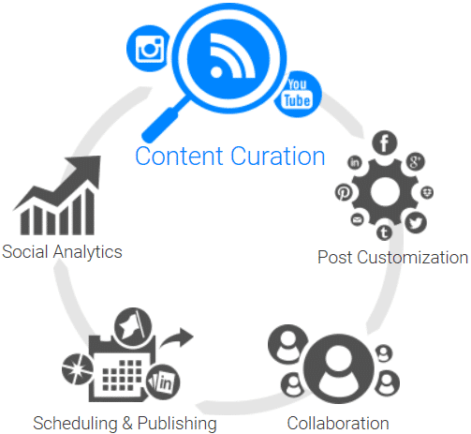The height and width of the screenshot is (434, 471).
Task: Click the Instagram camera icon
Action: pyautogui.click(x=150, y=49)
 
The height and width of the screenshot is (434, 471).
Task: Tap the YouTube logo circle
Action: pyautogui.click(x=298, y=94)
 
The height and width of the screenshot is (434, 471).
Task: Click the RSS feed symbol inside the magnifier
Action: pyautogui.click(x=231, y=56)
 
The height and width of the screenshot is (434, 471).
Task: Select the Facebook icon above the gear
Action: pyautogui.click(x=384, y=142)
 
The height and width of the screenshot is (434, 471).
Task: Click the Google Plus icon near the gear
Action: pyautogui.click(x=416, y=161)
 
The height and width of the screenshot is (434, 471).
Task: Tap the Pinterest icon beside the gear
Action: pyautogui.click(x=344, y=192)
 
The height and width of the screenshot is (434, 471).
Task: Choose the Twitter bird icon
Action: pyautogui.click(x=416, y=223)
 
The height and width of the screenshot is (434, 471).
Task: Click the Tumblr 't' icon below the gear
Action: pyautogui.click(x=384, y=232)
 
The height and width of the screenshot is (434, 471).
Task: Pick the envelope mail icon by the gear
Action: pyautogui.click(x=357, y=219)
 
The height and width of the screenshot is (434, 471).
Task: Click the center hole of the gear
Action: pyautogui.click(x=385, y=192)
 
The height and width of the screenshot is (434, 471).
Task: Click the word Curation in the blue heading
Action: pyautogui.click(x=278, y=156)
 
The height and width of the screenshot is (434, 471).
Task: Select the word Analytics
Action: pyautogui.click(x=87, y=252)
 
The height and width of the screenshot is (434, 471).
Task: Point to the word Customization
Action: pyautogui.click(x=412, y=258)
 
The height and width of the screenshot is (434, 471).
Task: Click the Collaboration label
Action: pyautogui.click(x=338, y=424)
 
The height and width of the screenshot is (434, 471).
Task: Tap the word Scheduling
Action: pyautogui.click(x=75, y=424)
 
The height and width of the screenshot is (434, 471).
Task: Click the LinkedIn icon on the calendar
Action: pyautogui.click(x=163, y=382)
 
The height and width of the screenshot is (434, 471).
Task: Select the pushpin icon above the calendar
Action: pyautogui.click(x=133, y=327)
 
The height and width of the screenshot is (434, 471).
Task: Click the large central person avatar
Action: pyautogui.click(x=338, y=368)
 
